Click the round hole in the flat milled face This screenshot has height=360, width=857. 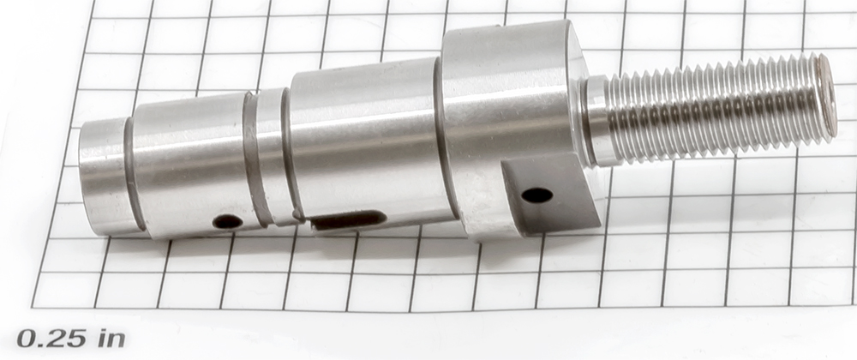coord(536,195)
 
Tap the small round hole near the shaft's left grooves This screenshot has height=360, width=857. coord(227,221)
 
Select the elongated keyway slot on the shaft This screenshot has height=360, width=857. coord(348,219)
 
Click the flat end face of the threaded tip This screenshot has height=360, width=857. coord(827,96)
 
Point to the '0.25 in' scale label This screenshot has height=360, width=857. coord(71,339)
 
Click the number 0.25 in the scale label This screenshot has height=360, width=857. coord(51,339)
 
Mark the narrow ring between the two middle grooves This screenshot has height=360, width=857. coord(271,156)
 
